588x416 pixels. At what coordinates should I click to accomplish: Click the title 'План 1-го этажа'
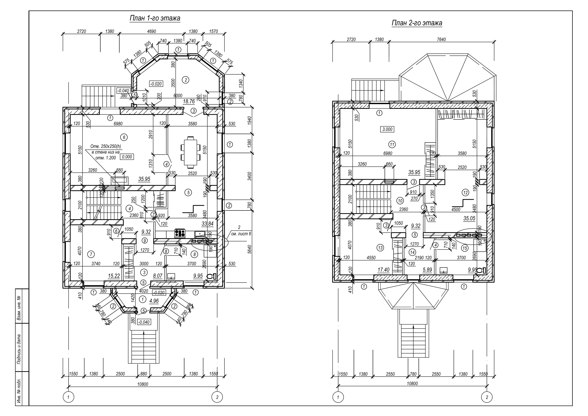coord(155,18)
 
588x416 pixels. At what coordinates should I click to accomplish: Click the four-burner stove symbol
coord(180,233)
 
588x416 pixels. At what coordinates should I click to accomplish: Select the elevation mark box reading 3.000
coord(387,129)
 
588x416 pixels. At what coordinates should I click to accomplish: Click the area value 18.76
coord(189,102)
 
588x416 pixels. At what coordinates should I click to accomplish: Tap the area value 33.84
coord(207,224)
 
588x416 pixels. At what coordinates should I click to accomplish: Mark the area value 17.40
coord(383,270)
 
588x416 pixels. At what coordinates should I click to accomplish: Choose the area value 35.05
coord(469,218)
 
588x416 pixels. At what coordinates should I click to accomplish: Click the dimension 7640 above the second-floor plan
coord(441,39)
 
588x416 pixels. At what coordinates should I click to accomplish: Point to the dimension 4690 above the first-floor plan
coord(152,31)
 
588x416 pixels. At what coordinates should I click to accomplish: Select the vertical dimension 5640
coord(250,249)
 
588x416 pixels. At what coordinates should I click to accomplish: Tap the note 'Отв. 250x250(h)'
coord(106,147)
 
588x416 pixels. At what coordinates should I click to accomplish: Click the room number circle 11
coord(392,145)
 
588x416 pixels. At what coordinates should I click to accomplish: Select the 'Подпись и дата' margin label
coord(19,349)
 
